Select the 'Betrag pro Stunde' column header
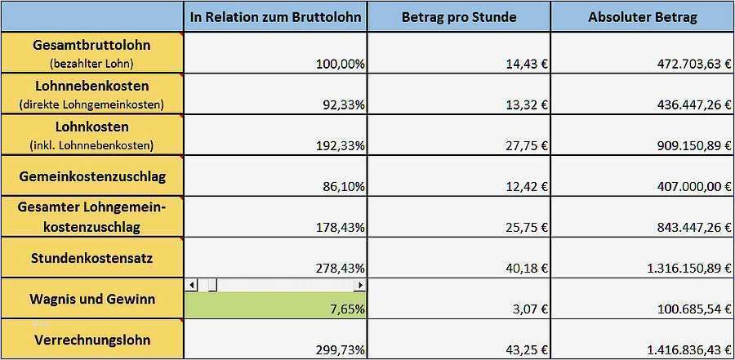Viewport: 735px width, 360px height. click(x=458, y=17)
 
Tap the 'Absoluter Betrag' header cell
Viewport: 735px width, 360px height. click(x=642, y=17)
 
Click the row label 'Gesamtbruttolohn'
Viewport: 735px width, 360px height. click(x=92, y=45)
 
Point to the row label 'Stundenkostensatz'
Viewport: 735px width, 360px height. click(x=92, y=258)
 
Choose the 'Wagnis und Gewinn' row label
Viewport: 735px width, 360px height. click(x=92, y=299)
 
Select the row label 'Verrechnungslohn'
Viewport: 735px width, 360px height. click(x=92, y=340)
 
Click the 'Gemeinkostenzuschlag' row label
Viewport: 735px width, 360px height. click(x=92, y=176)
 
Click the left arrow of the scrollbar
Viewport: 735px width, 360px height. click(x=192, y=285)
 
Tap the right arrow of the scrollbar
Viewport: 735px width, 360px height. click(x=359, y=285)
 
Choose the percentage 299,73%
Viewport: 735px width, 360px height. click(x=340, y=350)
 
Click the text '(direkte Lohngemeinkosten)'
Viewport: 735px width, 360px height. click(x=92, y=104)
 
